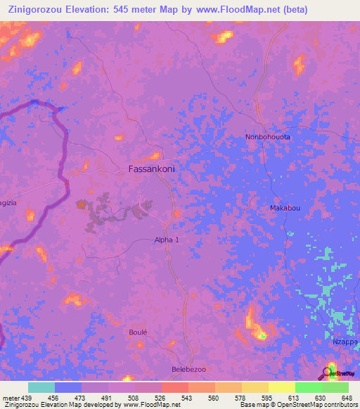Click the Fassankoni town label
(x=151, y=169)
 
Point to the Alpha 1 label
(x=167, y=240)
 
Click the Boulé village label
(x=139, y=332)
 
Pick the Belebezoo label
(x=188, y=369)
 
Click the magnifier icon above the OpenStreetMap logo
(x=330, y=370)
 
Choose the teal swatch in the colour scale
(x=41, y=387)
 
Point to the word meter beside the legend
(x=10, y=398)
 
